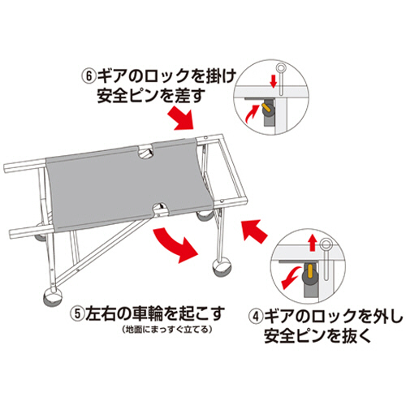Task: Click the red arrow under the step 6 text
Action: coord(185,120)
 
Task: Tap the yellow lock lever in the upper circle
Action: coord(267,106)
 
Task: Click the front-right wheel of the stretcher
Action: coord(220,269)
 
